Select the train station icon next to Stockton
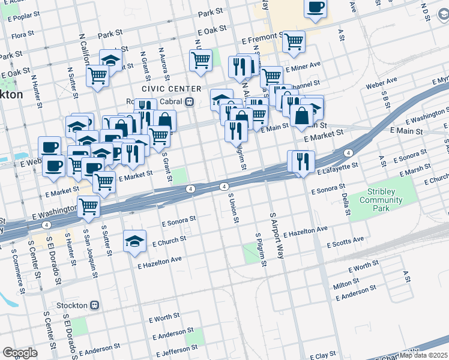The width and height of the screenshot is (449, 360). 94,305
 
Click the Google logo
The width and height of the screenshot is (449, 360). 20,353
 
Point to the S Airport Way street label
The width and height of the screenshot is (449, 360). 276,235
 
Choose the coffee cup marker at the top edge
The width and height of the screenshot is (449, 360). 315,8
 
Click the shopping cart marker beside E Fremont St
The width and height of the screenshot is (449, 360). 294,41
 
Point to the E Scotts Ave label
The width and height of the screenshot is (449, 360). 345,242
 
